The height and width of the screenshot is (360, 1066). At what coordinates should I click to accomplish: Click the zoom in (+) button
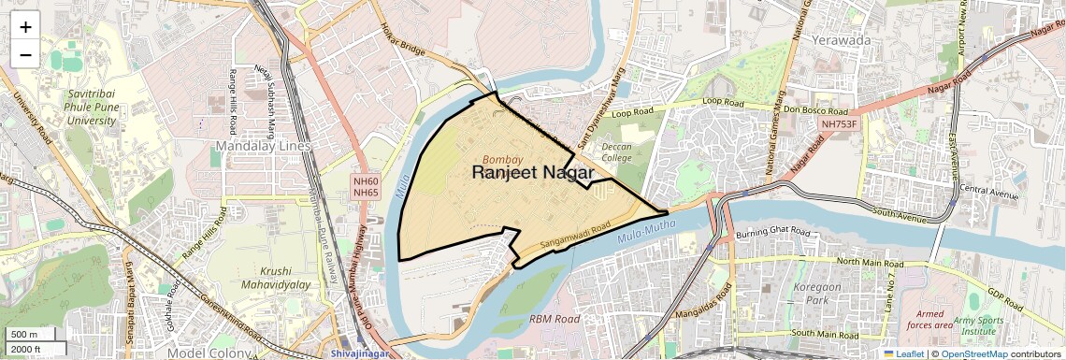point(25,27)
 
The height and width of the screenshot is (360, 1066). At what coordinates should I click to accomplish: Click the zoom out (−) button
point(25,54)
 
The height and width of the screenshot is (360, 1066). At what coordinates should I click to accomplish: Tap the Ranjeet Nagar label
point(533,173)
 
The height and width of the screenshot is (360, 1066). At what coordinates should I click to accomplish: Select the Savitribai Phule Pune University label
point(91,108)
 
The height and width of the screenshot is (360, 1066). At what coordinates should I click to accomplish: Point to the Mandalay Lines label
point(263,146)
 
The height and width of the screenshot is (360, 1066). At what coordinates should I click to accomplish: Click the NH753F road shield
point(839,123)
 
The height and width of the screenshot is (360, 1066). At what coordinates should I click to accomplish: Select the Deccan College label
point(616,152)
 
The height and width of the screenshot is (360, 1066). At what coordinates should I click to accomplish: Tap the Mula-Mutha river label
point(652,232)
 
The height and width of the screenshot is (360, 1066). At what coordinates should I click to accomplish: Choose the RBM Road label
point(555,319)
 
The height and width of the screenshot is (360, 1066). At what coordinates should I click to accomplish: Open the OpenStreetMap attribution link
point(973,353)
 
